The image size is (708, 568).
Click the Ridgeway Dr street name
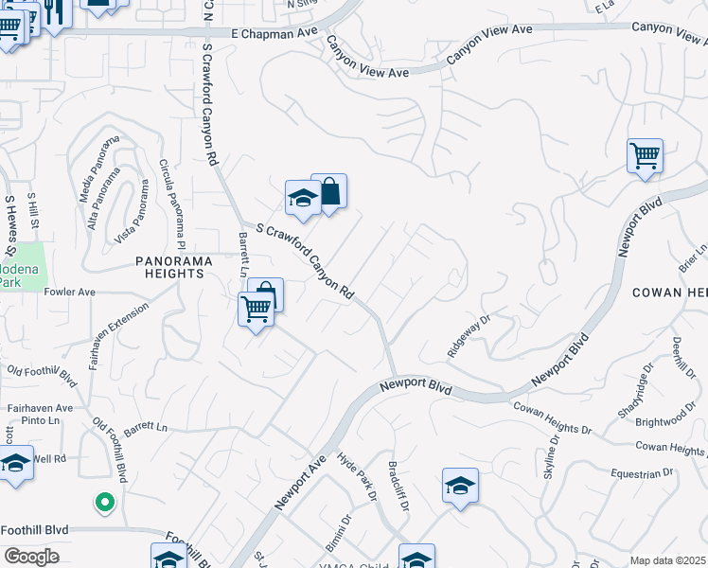coord(469,336)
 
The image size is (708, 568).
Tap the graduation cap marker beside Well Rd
coord(15,464)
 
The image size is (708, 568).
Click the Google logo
coord(31,557)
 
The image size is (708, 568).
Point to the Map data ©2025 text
coord(668,560)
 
